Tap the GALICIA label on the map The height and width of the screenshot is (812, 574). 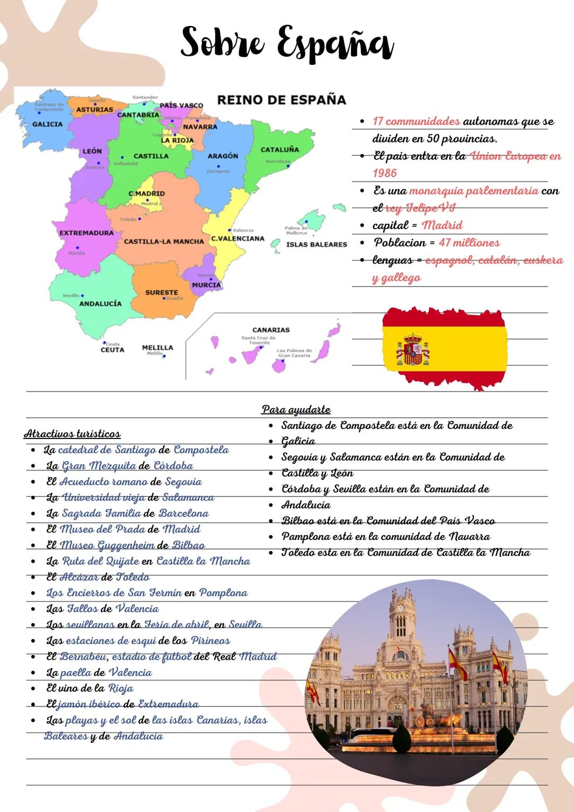click(x=47, y=124)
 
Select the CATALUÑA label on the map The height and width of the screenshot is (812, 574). click(x=280, y=150)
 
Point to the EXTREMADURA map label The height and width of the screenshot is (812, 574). click(x=86, y=233)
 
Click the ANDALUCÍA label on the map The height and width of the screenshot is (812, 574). click(x=100, y=304)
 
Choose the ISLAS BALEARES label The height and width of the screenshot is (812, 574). click(x=316, y=244)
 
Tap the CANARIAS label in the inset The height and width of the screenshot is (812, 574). click(x=271, y=330)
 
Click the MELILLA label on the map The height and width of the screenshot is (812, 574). click(x=157, y=348)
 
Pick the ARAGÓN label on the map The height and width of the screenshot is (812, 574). click(x=223, y=156)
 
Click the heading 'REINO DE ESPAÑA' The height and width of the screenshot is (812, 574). click(x=281, y=100)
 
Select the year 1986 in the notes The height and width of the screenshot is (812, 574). click(x=385, y=173)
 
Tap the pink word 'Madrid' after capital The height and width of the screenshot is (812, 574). click(x=442, y=225)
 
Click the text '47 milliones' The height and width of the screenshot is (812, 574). click(x=469, y=243)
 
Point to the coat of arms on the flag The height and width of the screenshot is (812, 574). click(x=413, y=350)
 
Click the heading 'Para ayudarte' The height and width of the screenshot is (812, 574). click(x=296, y=410)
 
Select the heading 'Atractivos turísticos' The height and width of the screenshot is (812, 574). click(x=72, y=434)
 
